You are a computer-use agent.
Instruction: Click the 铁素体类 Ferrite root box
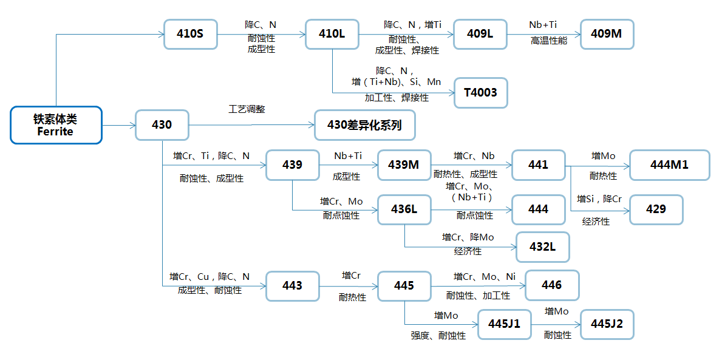coord(56,126)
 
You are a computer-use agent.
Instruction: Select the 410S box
coord(190,34)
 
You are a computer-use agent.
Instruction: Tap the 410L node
coord(332,34)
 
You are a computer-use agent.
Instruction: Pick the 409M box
coord(607,34)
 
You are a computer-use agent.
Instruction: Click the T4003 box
coord(480,93)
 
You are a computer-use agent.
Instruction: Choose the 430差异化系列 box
coord(364,125)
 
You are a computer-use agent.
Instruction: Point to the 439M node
coord(404,165)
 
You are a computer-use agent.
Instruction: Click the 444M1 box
coord(669,165)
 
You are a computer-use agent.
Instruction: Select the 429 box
coord(656,209)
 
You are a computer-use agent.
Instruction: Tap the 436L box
coord(404,209)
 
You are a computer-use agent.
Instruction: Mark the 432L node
coord(542,247)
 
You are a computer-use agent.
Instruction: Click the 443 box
coord(292,285)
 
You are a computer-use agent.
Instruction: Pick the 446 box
coord(551,285)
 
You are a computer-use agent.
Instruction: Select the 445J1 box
coord(504,324)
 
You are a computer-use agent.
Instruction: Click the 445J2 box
coord(607,324)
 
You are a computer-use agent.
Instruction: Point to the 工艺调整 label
coord(247,109)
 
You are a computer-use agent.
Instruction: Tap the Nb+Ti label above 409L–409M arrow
coord(543,25)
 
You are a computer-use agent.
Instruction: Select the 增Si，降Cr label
coord(599,199)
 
